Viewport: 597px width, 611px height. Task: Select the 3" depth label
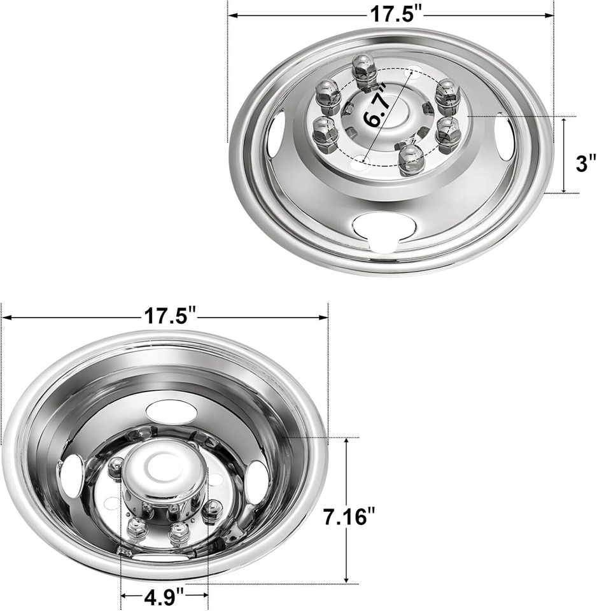coord(586,163)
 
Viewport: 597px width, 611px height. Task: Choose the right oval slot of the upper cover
coord(505,136)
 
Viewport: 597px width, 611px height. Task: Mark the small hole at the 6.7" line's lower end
coord(362,158)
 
